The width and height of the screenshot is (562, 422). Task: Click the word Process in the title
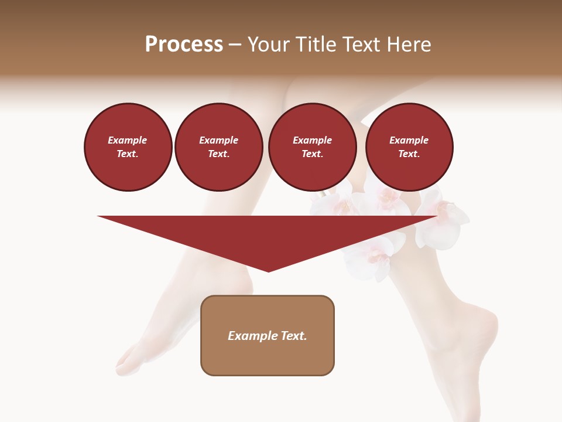point(184,45)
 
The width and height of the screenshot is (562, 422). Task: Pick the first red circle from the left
point(128,147)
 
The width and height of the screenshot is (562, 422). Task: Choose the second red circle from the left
point(219,147)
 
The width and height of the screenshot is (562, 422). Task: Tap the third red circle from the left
point(313,147)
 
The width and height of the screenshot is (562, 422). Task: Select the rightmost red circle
point(409,147)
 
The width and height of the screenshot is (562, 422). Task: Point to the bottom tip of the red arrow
point(268,271)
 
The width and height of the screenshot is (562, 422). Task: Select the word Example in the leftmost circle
point(128,140)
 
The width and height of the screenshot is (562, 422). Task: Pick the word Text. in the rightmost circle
point(409,154)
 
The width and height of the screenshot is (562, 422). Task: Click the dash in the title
point(235,45)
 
